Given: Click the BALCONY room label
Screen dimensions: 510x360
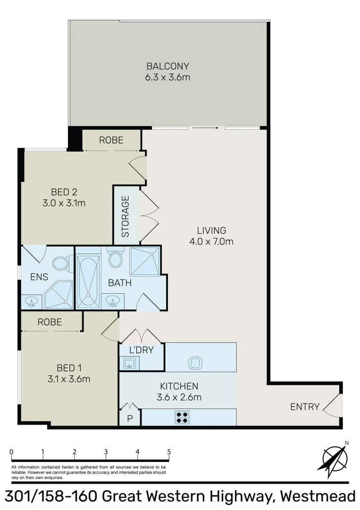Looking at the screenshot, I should [x=167, y=66].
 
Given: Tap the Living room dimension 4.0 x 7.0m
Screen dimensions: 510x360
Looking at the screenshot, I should [x=212, y=242].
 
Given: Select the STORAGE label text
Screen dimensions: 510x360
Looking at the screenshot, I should [x=126, y=216].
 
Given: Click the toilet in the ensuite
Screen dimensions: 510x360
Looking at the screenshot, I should [x=60, y=263].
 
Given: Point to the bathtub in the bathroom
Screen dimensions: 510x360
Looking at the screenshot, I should [x=88, y=282].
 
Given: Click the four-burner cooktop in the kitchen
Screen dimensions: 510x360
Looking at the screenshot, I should [x=183, y=416].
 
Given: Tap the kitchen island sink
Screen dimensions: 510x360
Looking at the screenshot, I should [x=195, y=363].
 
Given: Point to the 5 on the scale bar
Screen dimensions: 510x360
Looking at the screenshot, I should [x=169, y=451].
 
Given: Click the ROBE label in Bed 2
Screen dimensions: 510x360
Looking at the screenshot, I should [x=111, y=140].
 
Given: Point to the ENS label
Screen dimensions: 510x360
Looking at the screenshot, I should [x=39, y=277].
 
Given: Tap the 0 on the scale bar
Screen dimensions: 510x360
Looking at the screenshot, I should [x=11, y=451].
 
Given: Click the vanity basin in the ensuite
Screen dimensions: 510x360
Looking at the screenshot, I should [x=32, y=301].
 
